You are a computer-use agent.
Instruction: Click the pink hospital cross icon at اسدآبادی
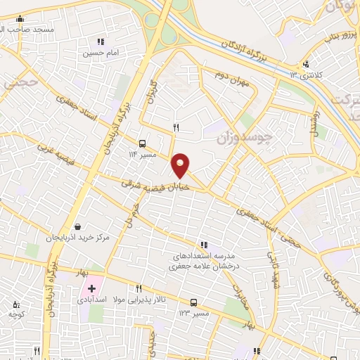(91, 289)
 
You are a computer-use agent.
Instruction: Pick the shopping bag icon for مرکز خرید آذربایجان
(77, 227)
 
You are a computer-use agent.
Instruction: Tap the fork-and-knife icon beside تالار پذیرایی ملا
(139, 288)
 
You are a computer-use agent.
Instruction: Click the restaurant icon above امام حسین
(101, 42)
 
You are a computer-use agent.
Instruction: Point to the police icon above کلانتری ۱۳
(305, 65)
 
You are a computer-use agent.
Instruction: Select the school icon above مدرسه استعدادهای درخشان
(202, 245)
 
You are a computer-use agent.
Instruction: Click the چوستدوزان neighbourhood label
(243, 133)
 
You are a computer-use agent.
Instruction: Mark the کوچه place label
(18, 314)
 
